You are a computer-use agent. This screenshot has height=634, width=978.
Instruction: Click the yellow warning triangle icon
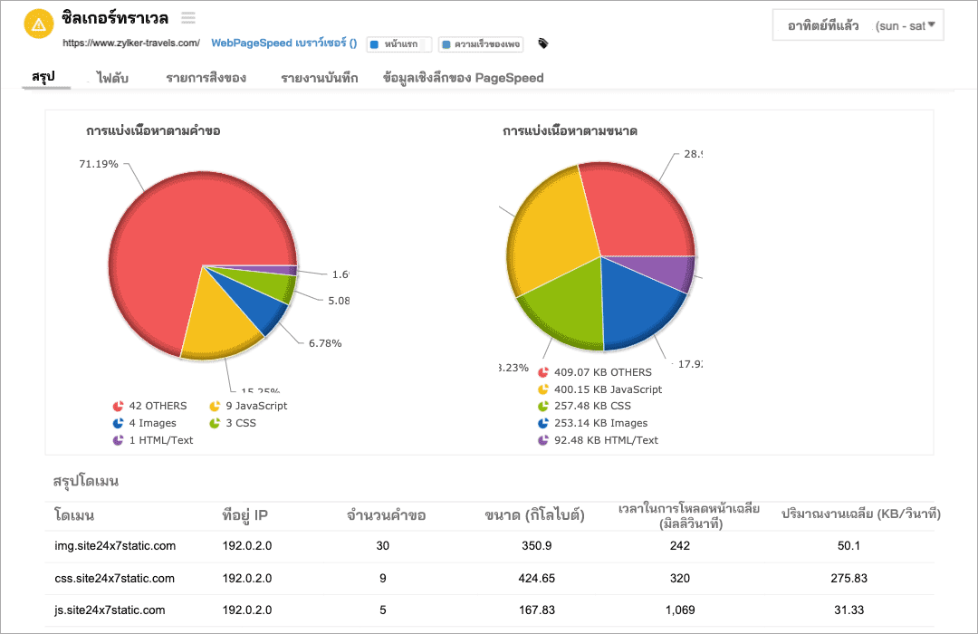(x=38, y=24)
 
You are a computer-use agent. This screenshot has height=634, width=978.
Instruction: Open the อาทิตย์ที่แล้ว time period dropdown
(x=858, y=25)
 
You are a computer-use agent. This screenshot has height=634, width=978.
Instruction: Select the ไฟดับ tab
(x=112, y=78)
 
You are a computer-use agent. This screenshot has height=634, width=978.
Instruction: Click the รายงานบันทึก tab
(x=319, y=78)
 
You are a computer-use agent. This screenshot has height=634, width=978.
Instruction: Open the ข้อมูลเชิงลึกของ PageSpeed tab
(x=463, y=78)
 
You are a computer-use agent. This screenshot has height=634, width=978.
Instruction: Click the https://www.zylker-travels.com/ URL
(x=131, y=43)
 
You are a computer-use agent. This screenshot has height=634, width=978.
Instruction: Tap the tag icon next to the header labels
(x=543, y=43)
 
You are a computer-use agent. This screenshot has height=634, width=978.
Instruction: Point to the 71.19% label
(x=99, y=164)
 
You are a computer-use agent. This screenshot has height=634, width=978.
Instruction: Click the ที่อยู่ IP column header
(x=244, y=515)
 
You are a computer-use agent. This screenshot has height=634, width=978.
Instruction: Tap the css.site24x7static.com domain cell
(x=115, y=578)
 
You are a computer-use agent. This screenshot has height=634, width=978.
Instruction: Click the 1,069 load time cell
(x=679, y=610)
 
